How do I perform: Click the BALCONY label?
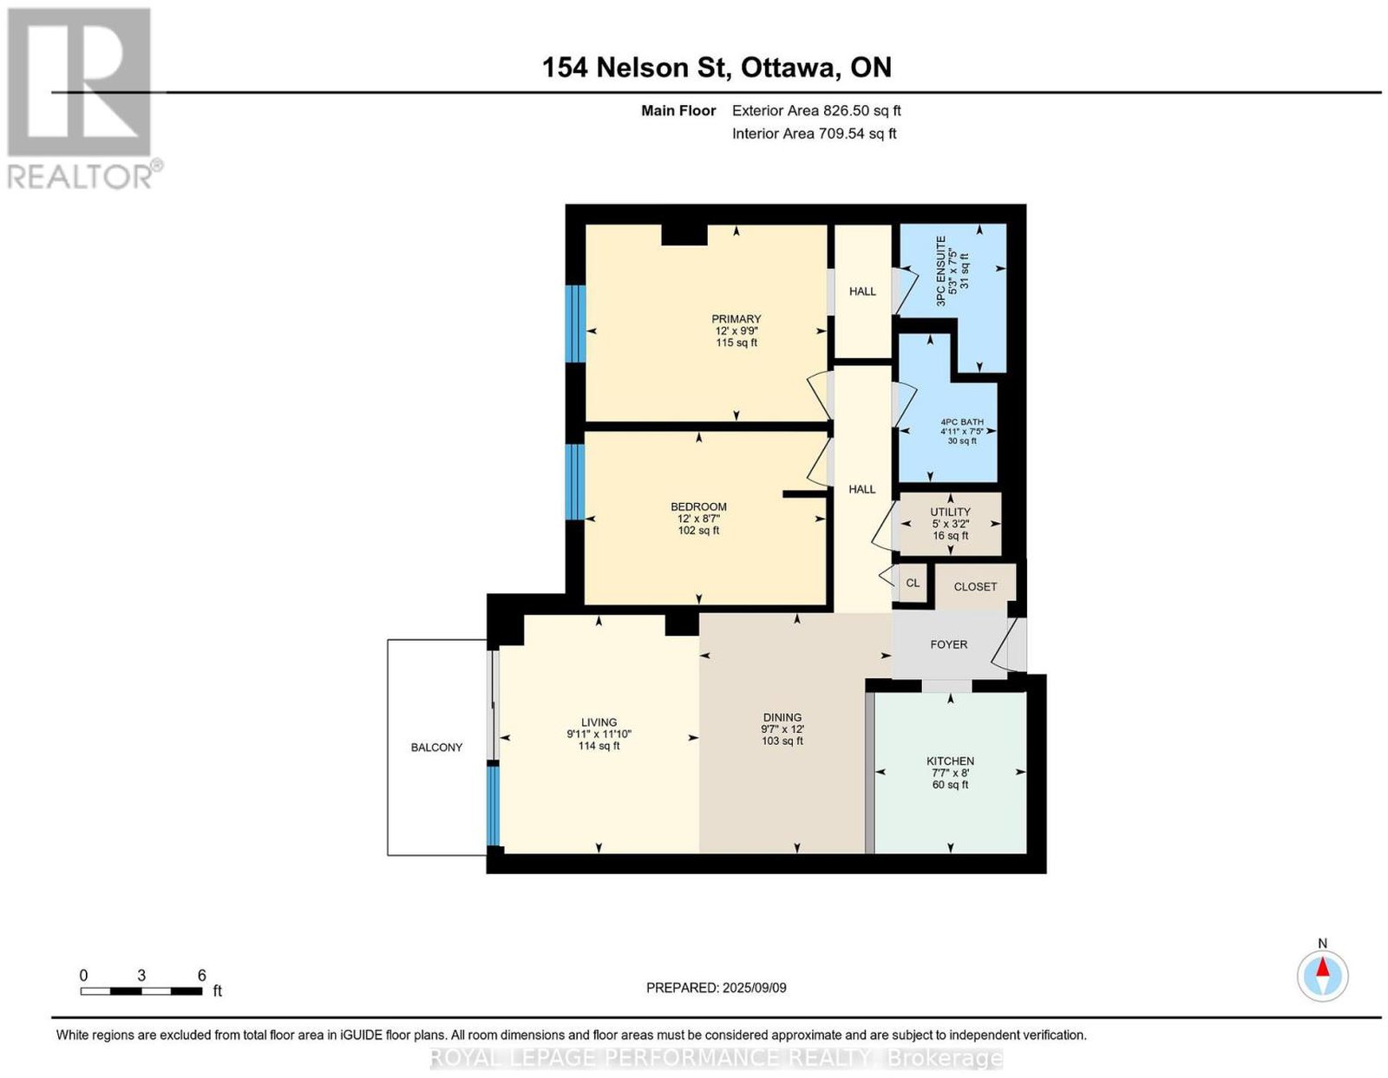pyautogui.click(x=436, y=748)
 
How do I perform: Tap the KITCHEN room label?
pyautogui.click(x=950, y=761)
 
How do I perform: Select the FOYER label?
pyautogui.click(x=948, y=644)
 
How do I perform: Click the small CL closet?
pyautogui.click(x=913, y=583)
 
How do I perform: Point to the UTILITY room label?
pyautogui.click(x=950, y=512)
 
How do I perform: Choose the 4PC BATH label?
pyautogui.click(x=962, y=421)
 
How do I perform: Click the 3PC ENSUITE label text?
pyautogui.click(x=941, y=271)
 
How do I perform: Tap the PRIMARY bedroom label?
pyautogui.click(x=737, y=319)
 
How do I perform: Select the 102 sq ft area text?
pyautogui.click(x=699, y=531)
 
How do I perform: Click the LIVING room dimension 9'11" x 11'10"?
pyautogui.click(x=599, y=735)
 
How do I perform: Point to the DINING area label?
pyautogui.click(x=782, y=717)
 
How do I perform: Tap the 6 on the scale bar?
pyautogui.click(x=202, y=976)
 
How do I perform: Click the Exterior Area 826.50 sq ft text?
pyautogui.click(x=816, y=110)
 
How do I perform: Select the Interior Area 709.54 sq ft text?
pyautogui.click(x=815, y=134)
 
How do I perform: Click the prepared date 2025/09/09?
pyautogui.click(x=755, y=988)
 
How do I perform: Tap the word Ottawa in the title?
pyautogui.click(x=790, y=68)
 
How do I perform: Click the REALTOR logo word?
pyautogui.click(x=81, y=176)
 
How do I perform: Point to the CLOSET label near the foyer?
pyautogui.click(x=975, y=586)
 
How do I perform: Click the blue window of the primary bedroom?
pyautogui.click(x=575, y=323)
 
